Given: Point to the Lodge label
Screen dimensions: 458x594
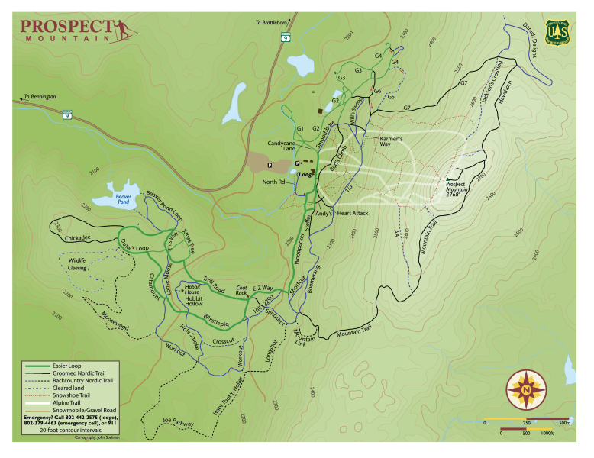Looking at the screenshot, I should coord(307,174).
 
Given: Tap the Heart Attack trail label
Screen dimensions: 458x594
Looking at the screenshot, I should coord(353,214).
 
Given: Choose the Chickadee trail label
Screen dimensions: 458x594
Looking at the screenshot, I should coord(79,238).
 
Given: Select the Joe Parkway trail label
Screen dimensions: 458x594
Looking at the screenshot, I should coord(179,421).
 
